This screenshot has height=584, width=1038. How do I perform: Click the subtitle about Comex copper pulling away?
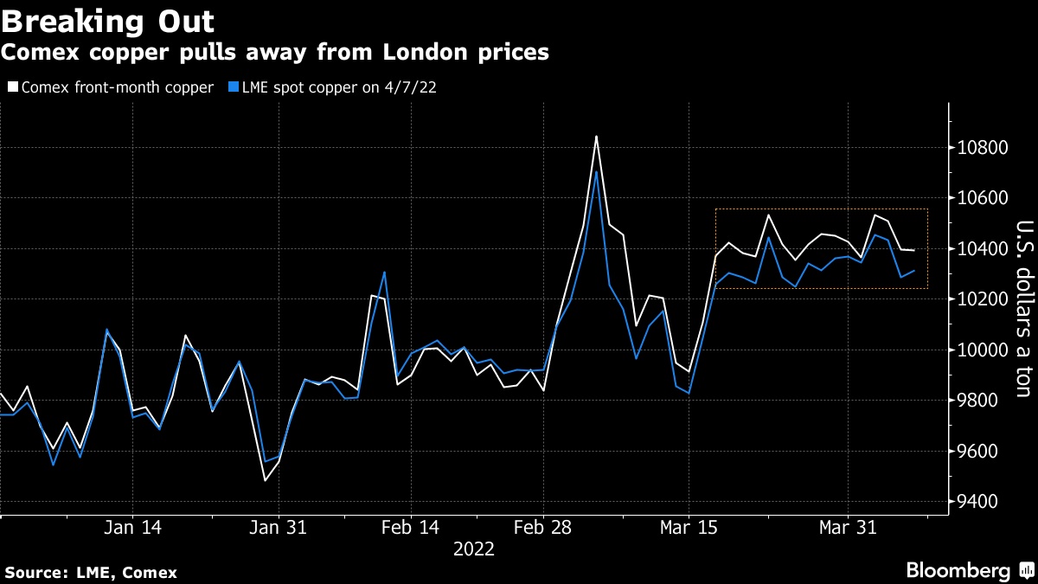274,52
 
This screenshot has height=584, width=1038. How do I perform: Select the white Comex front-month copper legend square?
11,87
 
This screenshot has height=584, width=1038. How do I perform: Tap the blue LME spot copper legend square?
234,87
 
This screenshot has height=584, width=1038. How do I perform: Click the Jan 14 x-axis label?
133,528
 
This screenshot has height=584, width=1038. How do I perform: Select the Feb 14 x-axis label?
409,528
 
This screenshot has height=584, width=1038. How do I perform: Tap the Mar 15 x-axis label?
689,528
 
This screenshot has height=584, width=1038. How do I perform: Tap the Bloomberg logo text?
958,571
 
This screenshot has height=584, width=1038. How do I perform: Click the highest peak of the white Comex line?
596,136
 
